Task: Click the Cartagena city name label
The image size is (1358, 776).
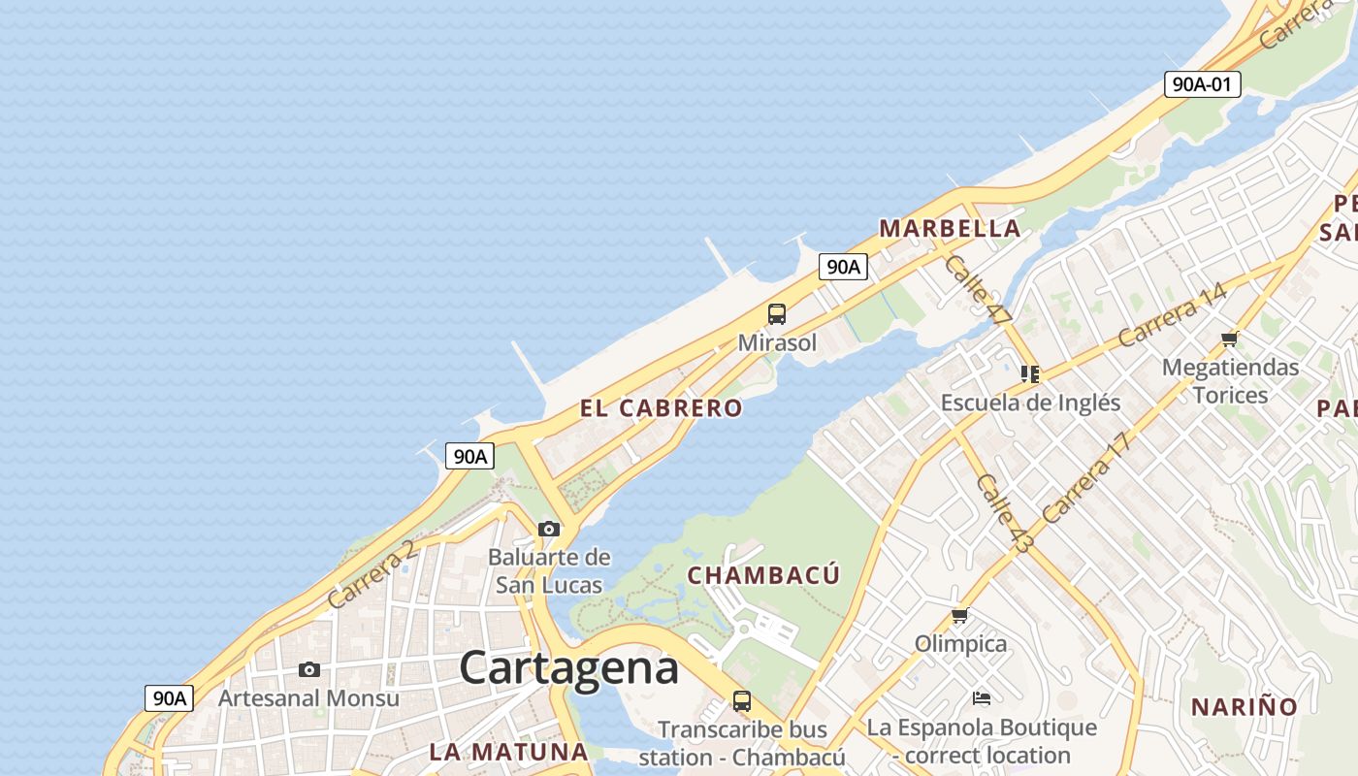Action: coord(568,668)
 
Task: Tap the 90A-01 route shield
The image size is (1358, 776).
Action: coord(1203,84)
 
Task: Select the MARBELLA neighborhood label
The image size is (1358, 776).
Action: coord(950,229)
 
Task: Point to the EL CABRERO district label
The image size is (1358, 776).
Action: coord(662,408)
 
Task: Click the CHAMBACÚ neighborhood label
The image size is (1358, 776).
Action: coord(763,575)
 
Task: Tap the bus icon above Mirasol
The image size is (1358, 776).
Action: coord(777,314)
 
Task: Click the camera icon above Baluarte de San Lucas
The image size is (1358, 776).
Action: coord(549,529)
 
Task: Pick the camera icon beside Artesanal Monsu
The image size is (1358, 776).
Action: coord(309,669)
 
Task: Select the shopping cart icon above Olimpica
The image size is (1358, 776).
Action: coord(960,616)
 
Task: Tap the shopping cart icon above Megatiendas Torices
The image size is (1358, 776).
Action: coord(1230,339)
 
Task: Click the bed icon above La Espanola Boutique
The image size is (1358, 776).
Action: coord(982,698)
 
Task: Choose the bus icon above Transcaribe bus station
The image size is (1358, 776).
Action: coord(742,700)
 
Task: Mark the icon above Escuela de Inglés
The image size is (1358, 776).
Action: coord(1030,373)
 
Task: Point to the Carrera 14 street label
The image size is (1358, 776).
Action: coord(1172,315)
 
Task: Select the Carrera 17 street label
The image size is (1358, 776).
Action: coord(1087,477)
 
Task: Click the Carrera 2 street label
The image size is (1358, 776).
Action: coord(372,574)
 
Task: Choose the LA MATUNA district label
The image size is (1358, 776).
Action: coord(508,752)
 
